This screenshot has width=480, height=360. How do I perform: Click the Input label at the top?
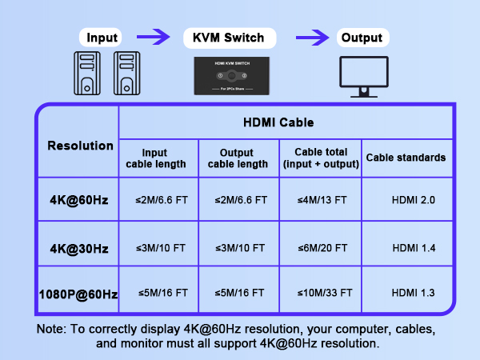tap(102, 38)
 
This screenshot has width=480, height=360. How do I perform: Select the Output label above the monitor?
tap(361, 38)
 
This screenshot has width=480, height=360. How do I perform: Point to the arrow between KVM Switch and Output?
tap(313, 37)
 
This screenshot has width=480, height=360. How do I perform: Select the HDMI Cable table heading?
tap(278, 122)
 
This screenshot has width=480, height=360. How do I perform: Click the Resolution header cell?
tap(80, 146)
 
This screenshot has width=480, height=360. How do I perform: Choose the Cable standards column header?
tap(406, 158)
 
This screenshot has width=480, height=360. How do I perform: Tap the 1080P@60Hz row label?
tap(78, 294)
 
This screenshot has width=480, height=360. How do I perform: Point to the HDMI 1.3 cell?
tap(414, 293)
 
